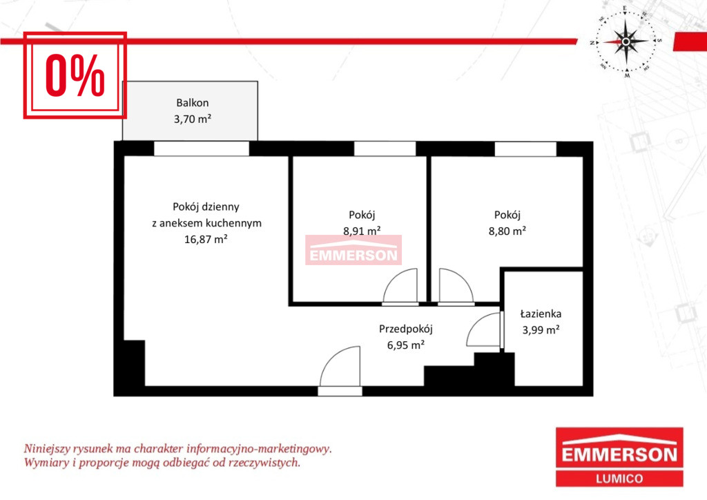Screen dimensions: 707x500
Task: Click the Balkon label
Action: click(x=193, y=103)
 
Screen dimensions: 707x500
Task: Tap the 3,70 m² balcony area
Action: click(x=193, y=119)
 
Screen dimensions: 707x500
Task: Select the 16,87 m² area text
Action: click(x=206, y=239)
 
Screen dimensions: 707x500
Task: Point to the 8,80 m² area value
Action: click(x=507, y=231)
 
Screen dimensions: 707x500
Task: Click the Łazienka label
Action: click(x=541, y=314)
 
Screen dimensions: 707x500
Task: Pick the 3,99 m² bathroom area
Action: click(x=541, y=329)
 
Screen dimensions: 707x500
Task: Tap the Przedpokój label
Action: click(x=406, y=329)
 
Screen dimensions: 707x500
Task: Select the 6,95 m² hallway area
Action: click(x=406, y=345)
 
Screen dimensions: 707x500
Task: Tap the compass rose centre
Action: click(x=626, y=42)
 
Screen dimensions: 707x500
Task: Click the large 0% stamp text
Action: click(x=75, y=75)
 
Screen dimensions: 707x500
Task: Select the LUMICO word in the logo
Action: click(x=619, y=479)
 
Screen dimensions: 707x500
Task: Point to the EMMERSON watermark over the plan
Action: click(x=353, y=256)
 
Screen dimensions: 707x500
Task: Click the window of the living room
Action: click(x=202, y=148)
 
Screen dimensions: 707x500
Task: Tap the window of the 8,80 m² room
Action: click(x=525, y=149)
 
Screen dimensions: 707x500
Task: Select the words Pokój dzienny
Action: click(x=206, y=207)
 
